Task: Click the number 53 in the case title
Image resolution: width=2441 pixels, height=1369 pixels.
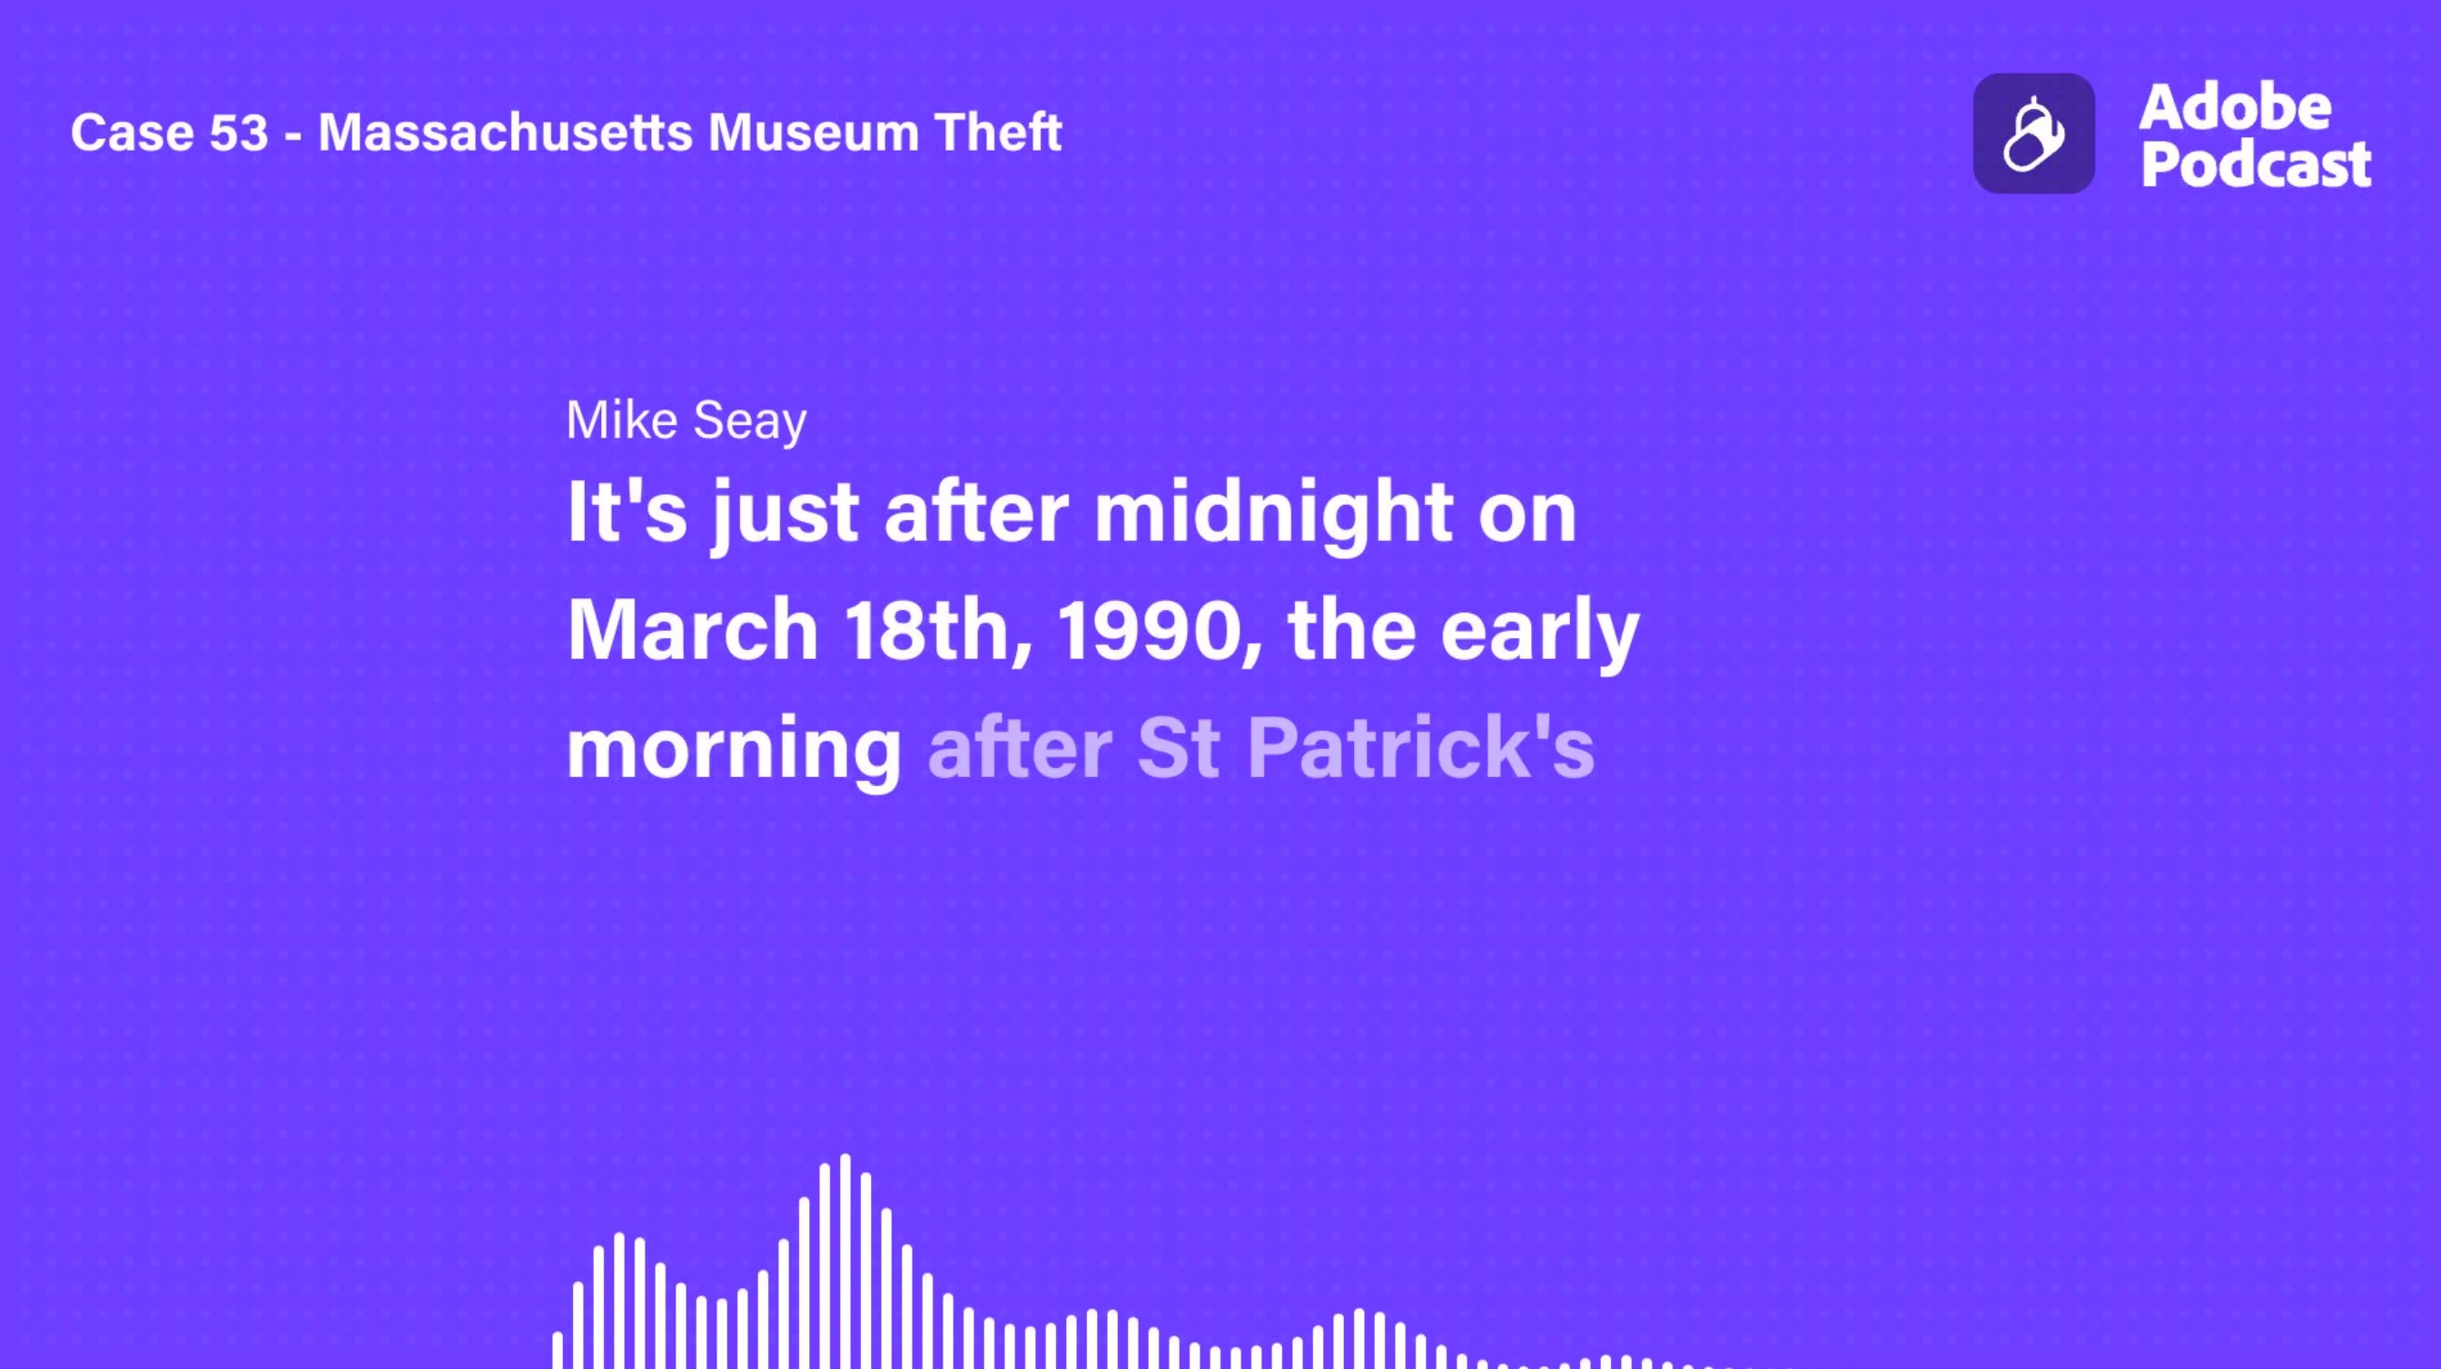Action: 239,133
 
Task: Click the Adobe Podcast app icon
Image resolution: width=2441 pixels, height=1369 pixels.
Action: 2033,133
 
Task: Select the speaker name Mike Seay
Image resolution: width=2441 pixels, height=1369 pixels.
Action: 686,420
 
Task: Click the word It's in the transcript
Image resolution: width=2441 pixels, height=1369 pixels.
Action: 627,512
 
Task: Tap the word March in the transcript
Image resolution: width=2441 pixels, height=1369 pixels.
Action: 693,630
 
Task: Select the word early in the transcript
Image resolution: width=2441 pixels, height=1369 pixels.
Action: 1540,634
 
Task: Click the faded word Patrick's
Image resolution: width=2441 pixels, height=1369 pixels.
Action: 1420,747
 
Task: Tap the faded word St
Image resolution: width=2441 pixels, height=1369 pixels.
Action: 1178,748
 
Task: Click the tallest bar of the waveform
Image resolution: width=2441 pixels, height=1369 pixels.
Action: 845,1261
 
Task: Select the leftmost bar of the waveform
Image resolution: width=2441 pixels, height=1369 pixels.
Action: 558,1350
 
